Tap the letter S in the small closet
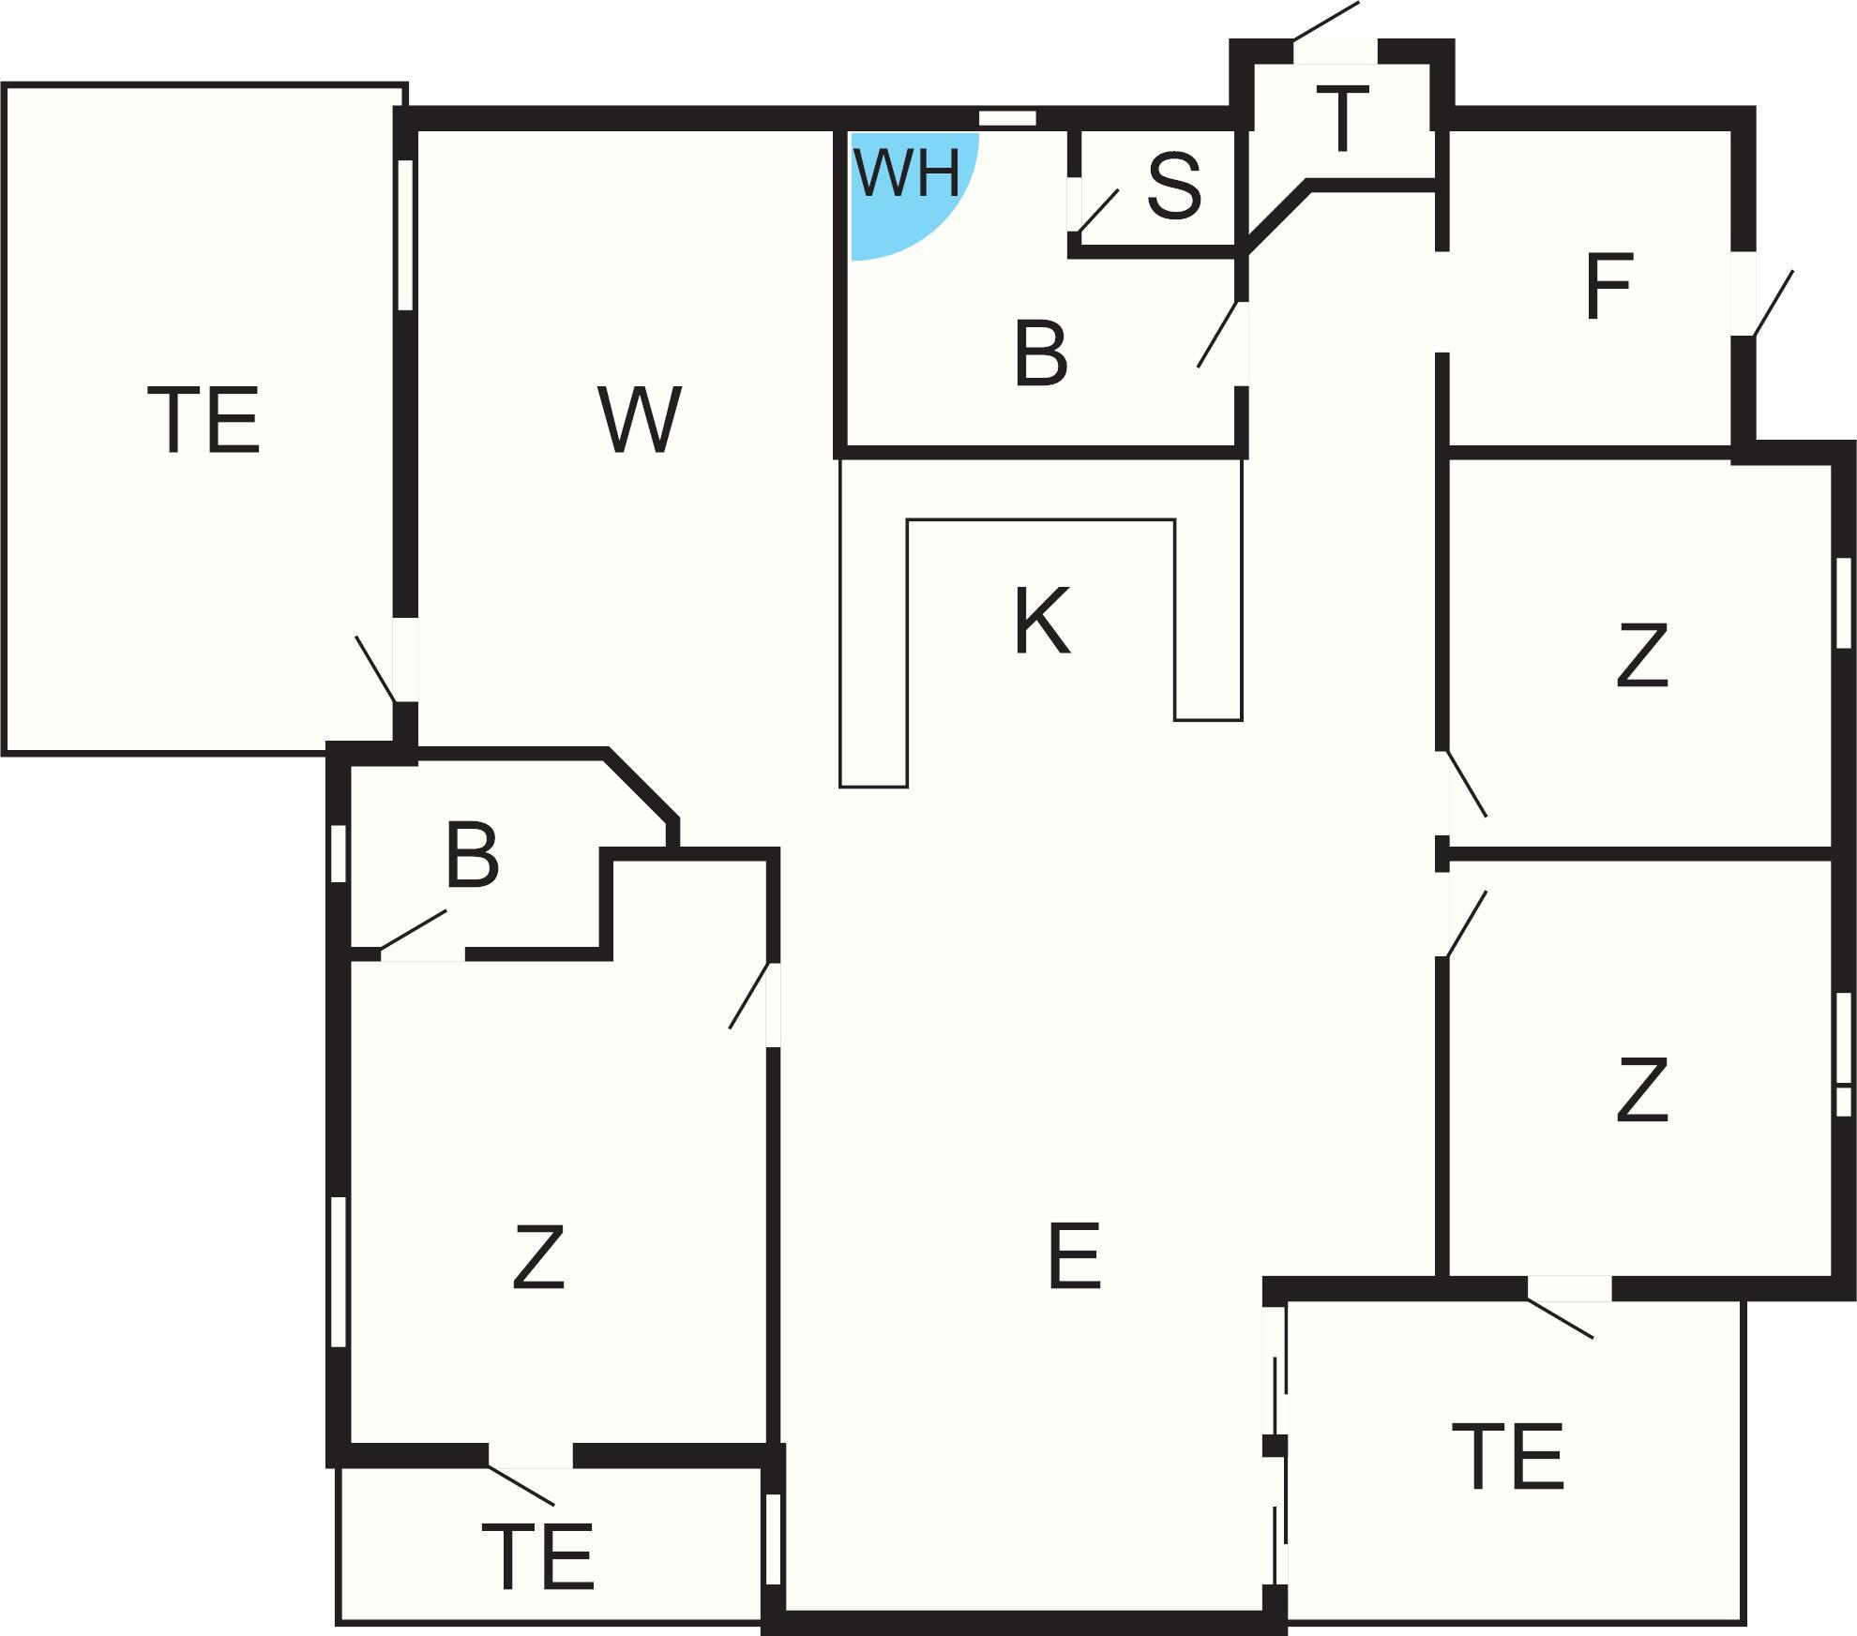tap(1174, 187)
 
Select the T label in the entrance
tap(1342, 118)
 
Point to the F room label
tap(1609, 286)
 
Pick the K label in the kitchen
tap(1042, 621)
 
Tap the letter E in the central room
tap(1074, 1256)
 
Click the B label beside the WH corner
tap(1041, 353)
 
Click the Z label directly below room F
tap(1642, 655)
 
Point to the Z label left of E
tap(538, 1256)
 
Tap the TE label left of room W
tap(203, 421)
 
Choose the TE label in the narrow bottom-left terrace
tap(537, 1556)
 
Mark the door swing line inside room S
tap(1099, 210)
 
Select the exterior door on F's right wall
tap(1773, 303)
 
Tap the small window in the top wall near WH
tap(1007, 119)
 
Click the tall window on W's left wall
tap(405, 234)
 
